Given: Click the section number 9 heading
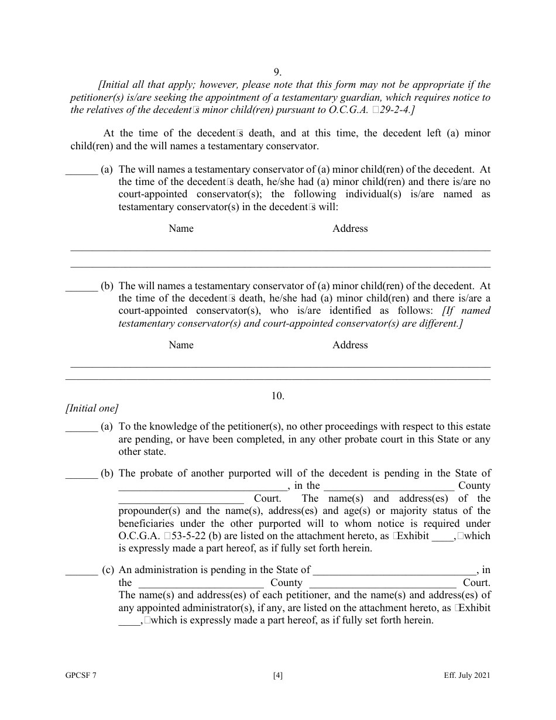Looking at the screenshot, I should (277, 72).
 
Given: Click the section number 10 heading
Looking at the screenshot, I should (277, 396).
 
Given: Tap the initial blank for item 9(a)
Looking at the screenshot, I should (81, 170).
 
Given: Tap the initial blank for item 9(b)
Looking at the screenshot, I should (81, 287).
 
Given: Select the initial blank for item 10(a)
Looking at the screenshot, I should (81, 427).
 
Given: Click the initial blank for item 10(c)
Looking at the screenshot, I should (81, 570).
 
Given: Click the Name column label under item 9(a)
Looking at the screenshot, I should (181, 228).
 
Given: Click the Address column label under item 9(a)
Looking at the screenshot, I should (350, 228).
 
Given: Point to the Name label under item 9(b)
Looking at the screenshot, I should (181, 345).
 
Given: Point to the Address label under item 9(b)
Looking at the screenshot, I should (350, 345).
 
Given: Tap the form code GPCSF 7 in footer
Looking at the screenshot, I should (81, 676).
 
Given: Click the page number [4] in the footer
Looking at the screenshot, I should (278, 676).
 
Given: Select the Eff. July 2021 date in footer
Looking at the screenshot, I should (466, 676).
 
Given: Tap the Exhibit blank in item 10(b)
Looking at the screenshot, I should (442, 537).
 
